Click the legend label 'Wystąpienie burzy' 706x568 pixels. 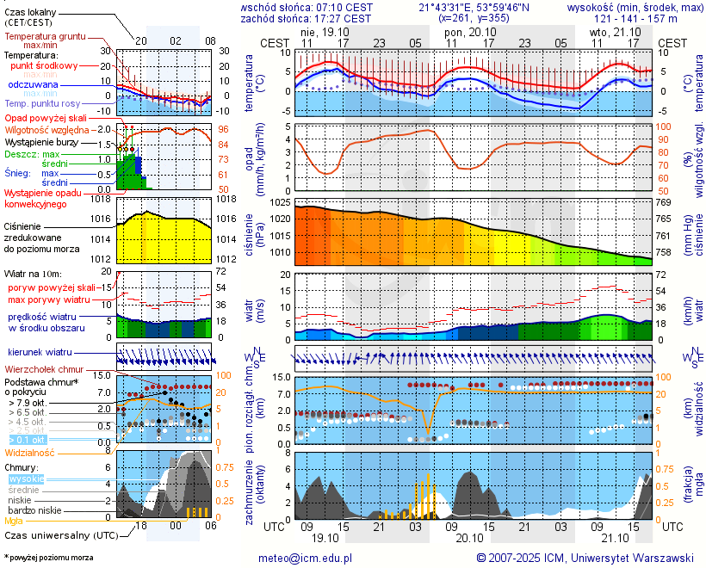coord(40,141)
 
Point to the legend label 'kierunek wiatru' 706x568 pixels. coord(40,353)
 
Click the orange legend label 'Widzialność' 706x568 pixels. coord(30,452)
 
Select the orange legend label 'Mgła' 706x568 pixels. coord(14,521)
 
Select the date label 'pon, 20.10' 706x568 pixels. coord(466,31)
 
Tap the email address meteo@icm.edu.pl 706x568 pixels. coord(306,558)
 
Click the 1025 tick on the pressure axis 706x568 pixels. coord(280,202)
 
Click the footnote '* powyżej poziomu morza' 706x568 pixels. coord(48,558)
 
